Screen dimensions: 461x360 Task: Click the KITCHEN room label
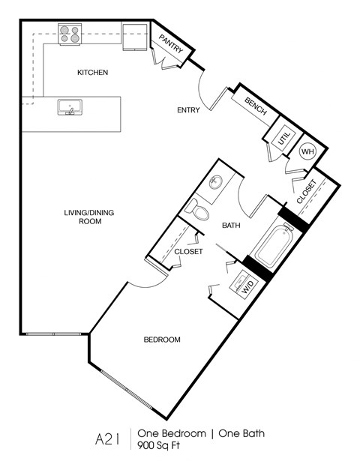[93, 73]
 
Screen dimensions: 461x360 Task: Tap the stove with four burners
[70, 33]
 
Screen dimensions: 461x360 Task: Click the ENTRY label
[188, 110]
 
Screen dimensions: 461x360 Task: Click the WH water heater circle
[307, 151]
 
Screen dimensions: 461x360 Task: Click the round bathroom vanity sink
[216, 182]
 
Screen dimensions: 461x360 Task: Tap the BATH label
[229, 225]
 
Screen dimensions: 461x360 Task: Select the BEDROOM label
[162, 340]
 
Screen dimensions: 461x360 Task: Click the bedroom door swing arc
[145, 279]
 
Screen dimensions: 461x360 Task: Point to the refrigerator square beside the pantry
[136, 34]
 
